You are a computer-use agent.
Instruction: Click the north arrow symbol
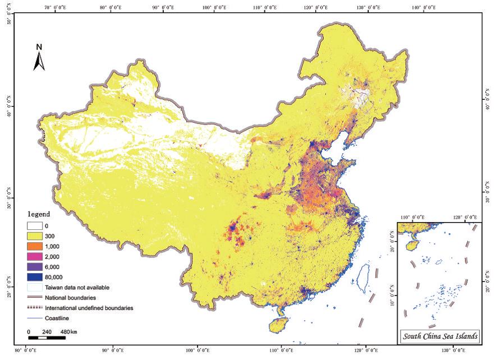point(39,61)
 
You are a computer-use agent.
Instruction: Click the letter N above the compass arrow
point(39,47)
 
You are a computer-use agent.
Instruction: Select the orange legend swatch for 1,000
point(35,247)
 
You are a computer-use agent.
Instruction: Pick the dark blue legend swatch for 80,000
point(35,277)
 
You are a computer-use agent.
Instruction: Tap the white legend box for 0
point(35,226)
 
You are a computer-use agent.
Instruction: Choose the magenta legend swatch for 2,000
point(35,257)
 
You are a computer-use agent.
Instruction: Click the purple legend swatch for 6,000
point(35,267)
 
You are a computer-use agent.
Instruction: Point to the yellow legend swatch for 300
point(35,236)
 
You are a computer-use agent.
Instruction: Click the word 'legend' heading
point(39,214)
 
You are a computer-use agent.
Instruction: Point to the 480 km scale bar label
point(70,332)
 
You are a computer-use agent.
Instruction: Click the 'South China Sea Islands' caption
point(439,336)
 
